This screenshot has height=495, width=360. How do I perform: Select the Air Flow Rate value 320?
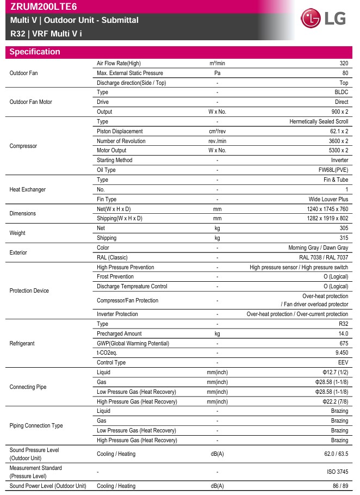[x=343, y=63]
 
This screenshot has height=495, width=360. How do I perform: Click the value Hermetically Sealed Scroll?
[x=319, y=121]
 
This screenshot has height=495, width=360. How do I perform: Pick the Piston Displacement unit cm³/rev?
[x=217, y=131]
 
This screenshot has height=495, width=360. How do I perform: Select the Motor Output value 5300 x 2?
[x=335, y=150]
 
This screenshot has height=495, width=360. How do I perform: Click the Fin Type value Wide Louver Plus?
[x=327, y=199]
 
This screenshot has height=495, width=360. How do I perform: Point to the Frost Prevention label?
[x=115, y=276]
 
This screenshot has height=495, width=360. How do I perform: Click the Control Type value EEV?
[x=343, y=362]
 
